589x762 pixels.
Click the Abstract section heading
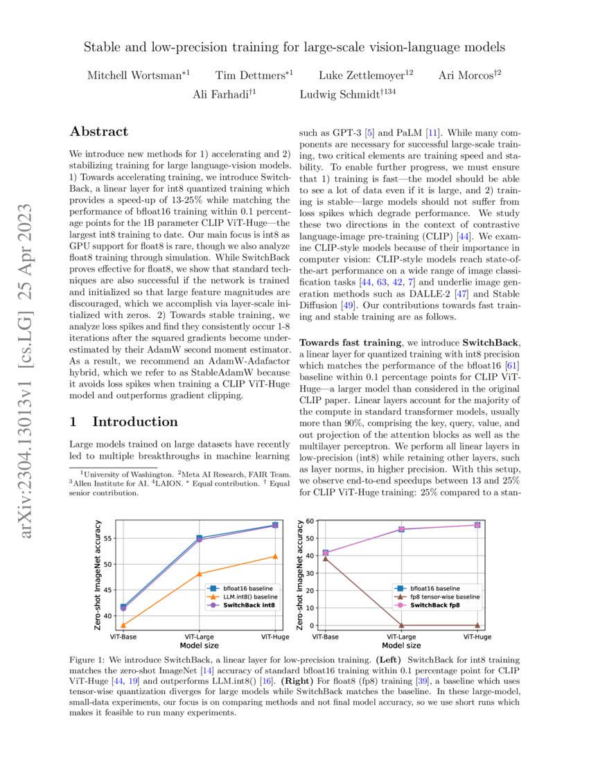tap(99, 132)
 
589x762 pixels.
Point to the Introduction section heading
tap(124, 422)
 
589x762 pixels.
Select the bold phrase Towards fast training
tap(350, 343)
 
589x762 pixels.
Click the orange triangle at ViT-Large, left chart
tap(199, 574)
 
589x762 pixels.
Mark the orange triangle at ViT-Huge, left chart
tap(275, 556)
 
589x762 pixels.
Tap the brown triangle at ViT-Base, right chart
tap(325, 558)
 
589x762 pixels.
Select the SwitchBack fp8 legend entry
tap(443, 605)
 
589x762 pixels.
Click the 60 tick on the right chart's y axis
tap(310, 520)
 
